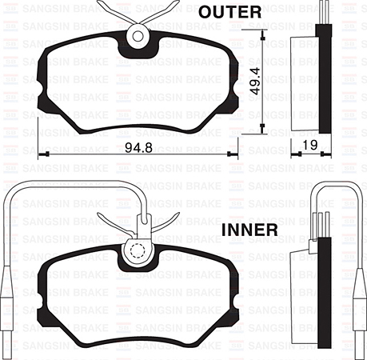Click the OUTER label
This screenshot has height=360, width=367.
(229, 12)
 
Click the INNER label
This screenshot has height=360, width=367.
(249, 230)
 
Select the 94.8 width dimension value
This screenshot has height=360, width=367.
(138, 147)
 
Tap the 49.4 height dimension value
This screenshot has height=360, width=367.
(255, 81)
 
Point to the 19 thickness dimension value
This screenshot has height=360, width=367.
(310, 145)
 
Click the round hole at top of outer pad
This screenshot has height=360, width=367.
(138, 36)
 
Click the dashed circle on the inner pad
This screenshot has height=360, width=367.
(138, 250)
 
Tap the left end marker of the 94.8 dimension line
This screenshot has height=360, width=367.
(47, 154)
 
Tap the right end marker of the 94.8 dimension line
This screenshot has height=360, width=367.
(229, 154)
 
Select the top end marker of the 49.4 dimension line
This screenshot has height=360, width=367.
(262, 38)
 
